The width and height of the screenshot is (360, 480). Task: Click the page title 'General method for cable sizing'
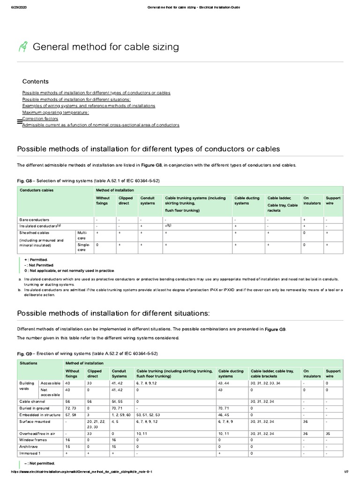coord(105,46)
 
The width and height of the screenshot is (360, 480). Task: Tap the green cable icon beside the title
coord(23,46)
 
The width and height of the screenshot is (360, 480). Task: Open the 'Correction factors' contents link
coord(44,119)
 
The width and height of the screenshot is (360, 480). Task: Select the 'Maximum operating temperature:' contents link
coord(55,112)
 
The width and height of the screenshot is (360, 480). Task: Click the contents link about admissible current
coord(100,125)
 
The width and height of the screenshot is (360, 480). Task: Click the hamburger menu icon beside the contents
coord(19,121)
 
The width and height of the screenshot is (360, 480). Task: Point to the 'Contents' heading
coord(35,81)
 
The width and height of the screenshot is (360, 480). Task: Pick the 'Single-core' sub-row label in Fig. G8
coord(83,247)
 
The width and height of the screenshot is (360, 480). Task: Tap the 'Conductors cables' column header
coord(36,190)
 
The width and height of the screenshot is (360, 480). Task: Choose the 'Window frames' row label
coord(33,440)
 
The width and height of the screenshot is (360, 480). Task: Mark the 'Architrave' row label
coord(30,447)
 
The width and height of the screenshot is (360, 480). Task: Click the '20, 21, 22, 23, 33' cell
coord(96,425)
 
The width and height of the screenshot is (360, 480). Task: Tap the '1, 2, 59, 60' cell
coord(121,415)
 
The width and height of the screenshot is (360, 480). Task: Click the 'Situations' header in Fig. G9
coord(30,363)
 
